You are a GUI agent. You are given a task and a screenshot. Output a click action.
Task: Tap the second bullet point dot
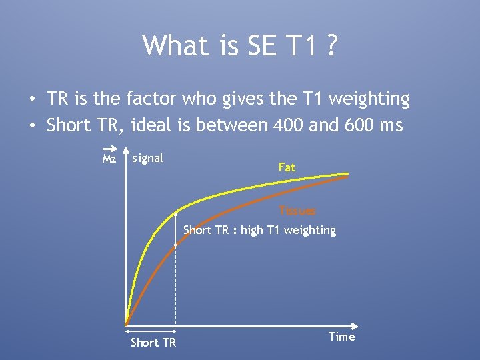pyautogui.click(x=31, y=126)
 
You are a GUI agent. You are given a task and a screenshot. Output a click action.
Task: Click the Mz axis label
pyautogui.click(x=109, y=160)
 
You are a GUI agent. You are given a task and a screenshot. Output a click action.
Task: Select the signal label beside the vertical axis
pyautogui.click(x=148, y=158)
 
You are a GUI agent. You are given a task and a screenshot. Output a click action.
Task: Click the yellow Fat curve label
pyautogui.click(x=287, y=167)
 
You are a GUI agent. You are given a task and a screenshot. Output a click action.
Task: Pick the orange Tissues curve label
pyautogui.click(x=297, y=211)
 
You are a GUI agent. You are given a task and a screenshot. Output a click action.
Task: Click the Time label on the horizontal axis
pyautogui.click(x=342, y=337)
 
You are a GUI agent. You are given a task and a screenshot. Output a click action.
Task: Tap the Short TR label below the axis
pyautogui.click(x=153, y=342)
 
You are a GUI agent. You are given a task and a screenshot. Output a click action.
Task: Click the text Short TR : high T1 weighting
pyautogui.click(x=259, y=230)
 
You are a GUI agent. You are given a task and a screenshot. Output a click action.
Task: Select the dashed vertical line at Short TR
pyautogui.click(x=175, y=287)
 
